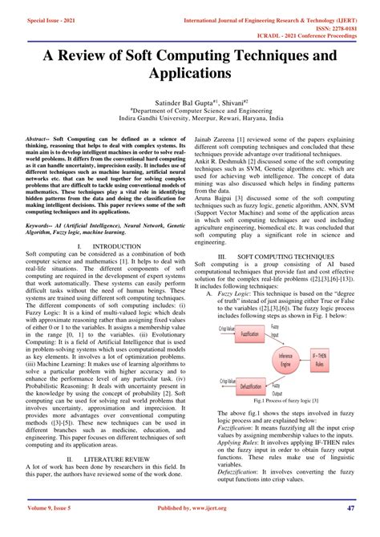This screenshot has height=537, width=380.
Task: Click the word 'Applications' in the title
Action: tap(189, 76)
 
